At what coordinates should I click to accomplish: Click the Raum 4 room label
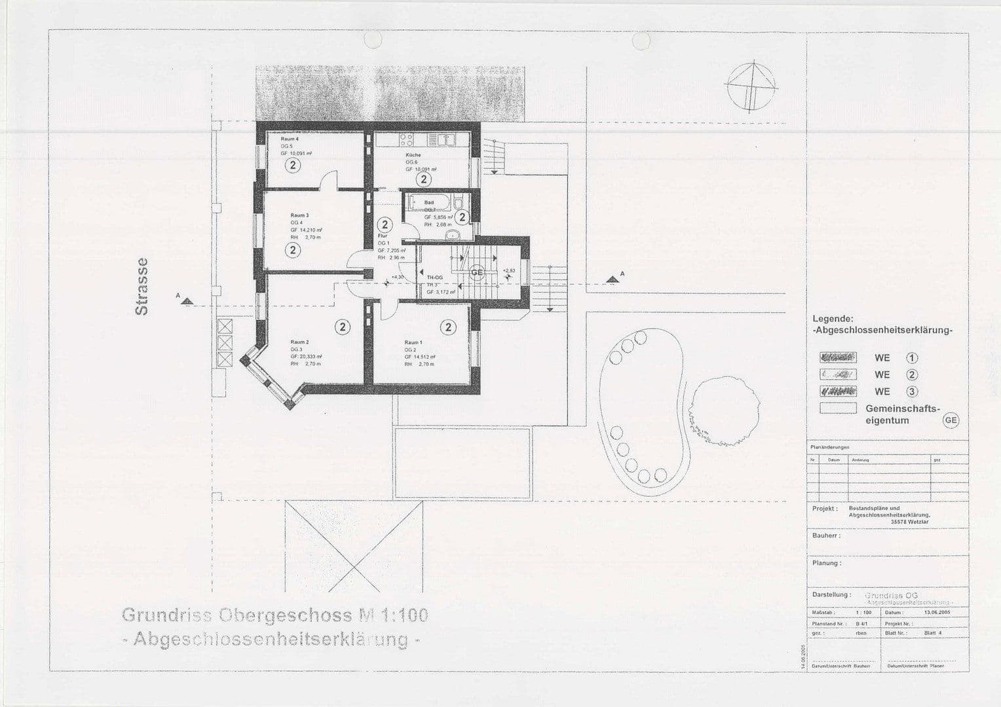click(290, 139)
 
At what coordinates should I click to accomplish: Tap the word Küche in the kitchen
click(413, 155)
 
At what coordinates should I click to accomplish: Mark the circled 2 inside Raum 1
click(449, 327)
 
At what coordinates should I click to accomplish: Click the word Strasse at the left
click(142, 286)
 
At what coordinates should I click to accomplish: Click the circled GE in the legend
click(950, 420)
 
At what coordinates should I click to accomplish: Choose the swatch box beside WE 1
click(838, 358)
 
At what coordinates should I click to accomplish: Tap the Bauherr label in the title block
click(825, 535)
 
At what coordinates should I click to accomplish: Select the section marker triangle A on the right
click(613, 279)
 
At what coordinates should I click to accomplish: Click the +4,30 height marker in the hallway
click(397, 278)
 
